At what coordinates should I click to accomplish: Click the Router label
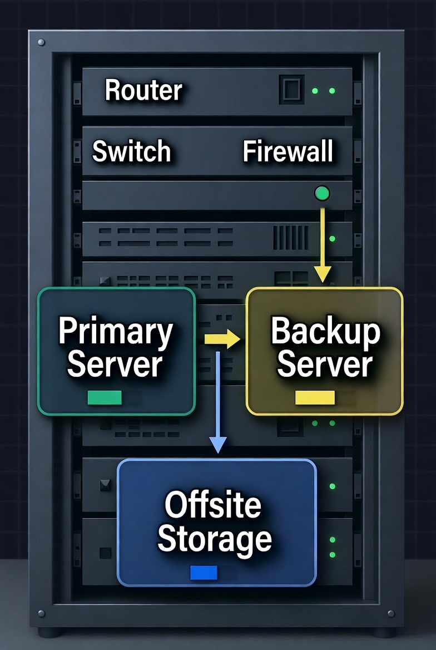(x=143, y=90)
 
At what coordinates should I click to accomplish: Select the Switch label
(x=131, y=151)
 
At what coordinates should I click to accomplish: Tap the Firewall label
(x=288, y=151)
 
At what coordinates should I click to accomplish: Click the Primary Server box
(x=116, y=351)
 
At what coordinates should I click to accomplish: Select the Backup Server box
(x=324, y=351)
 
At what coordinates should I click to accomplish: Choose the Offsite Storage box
(x=216, y=521)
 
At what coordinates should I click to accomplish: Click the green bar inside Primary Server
(x=105, y=397)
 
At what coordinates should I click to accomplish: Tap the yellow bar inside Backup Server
(x=315, y=397)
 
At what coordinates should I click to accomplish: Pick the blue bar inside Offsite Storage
(x=204, y=573)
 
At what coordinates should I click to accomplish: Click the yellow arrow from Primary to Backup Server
(x=222, y=339)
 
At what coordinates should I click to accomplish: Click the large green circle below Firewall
(x=322, y=194)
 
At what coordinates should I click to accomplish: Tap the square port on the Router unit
(x=291, y=89)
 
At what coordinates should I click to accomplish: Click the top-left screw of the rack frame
(x=41, y=42)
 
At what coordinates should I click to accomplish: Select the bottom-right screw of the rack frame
(x=391, y=613)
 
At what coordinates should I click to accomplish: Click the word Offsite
(x=213, y=505)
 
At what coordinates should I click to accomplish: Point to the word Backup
(x=325, y=332)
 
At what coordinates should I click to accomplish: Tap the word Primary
(x=116, y=332)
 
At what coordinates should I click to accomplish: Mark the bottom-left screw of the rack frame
(x=41, y=613)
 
